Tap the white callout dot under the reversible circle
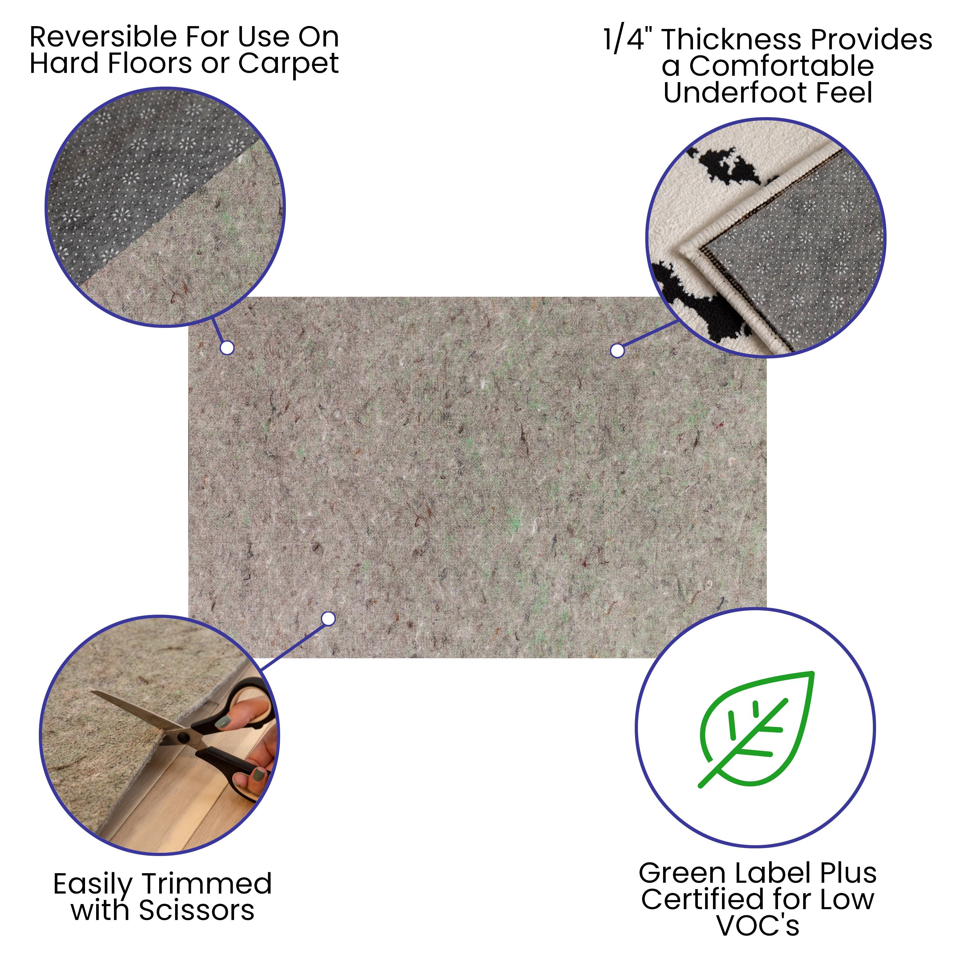point(227,348)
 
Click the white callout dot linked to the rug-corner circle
point(617,350)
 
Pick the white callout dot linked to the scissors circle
point(328,619)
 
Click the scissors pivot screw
point(183,738)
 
